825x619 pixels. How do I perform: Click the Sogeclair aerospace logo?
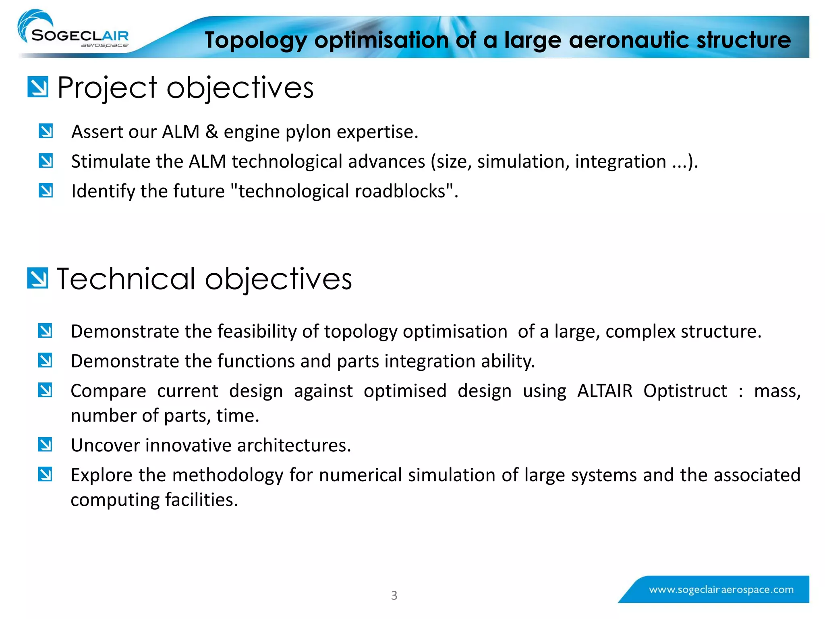coord(75,32)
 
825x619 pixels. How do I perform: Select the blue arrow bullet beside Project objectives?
coord(38,87)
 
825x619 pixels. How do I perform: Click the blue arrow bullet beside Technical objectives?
coord(37,278)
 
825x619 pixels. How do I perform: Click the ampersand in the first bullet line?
coord(211,132)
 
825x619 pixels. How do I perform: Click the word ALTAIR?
coord(605,391)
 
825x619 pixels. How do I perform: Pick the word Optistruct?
coord(685,391)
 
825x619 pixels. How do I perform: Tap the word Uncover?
coord(105,445)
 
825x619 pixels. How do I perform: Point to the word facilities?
coord(201,500)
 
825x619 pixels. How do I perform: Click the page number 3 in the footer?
coord(394,595)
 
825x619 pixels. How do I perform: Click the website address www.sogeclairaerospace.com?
coord(721,590)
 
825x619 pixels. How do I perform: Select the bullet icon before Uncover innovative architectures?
coord(45,445)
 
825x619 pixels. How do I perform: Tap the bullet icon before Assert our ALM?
coord(46,131)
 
